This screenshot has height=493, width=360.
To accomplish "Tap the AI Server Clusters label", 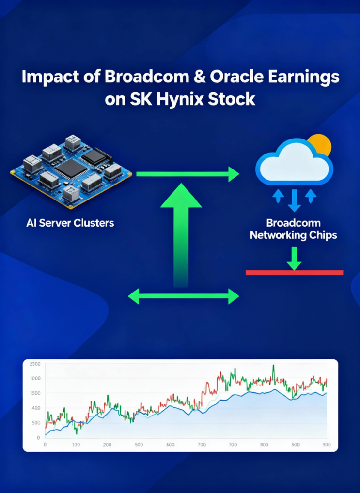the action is pos(70,223).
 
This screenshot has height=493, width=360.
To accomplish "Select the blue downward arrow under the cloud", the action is pos(294,200).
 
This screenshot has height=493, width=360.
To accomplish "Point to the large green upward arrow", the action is pos(181,235).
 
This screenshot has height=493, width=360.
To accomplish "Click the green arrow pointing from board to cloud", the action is pos(188,174).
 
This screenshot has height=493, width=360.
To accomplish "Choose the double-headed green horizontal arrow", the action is pos(184,296).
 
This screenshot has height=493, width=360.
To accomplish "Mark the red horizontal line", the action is pos(294,273).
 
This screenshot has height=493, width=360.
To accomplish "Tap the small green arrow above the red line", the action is pos(294,258).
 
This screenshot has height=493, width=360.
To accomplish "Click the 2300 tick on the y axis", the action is pos(35,364).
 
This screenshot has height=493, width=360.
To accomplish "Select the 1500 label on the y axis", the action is pos(35,393).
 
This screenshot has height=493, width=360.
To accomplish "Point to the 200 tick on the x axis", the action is pos(107,445).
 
